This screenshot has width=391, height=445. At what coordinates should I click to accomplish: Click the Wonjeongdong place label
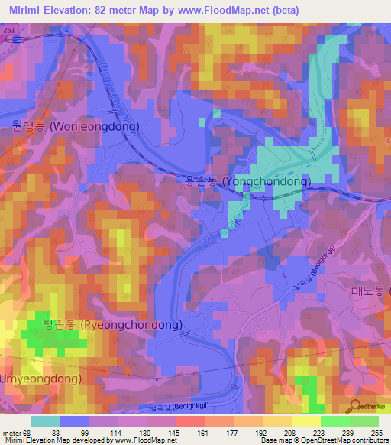tap(75, 127)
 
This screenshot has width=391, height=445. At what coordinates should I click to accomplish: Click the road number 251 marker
tap(8, 29)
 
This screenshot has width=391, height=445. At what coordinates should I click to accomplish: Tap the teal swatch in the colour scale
tap(45, 421)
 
